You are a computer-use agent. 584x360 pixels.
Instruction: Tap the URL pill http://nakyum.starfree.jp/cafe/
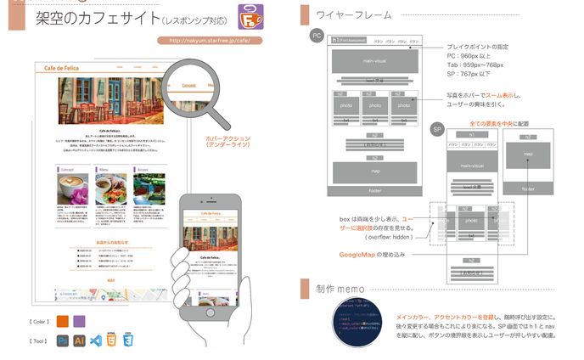pyautogui.click(x=210, y=40)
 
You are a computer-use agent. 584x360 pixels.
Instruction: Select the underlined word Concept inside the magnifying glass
pyautogui.click(x=189, y=85)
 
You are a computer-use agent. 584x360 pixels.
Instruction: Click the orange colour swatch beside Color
pyautogui.click(x=63, y=321)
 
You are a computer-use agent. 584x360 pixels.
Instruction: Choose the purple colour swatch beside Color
pyautogui.click(x=80, y=321)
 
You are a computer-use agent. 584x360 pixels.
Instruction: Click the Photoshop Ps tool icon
pyautogui.click(x=63, y=340)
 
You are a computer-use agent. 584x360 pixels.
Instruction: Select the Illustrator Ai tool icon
pyautogui.click(x=79, y=340)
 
